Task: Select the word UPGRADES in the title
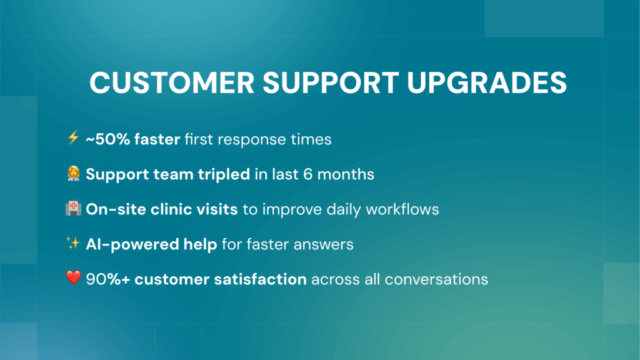coord(486,83)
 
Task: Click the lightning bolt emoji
coord(73,139)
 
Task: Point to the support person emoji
coord(73,174)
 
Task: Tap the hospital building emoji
coord(73,209)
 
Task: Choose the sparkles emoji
coord(73,244)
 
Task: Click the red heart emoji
coord(73,279)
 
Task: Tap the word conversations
coord(436,279)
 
